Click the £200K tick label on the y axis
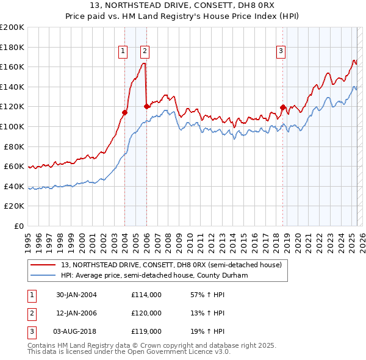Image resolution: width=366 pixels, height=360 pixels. click(x=12, y=27)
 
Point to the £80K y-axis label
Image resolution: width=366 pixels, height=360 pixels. click(x=14, y=146)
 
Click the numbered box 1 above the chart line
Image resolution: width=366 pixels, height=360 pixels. click(x=123, y=51)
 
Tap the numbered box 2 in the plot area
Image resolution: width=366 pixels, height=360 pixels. click(x=145, y=51)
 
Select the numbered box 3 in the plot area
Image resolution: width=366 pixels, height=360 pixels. click(x=281, y=51)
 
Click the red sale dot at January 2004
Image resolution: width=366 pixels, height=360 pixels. click(x=124, y=112)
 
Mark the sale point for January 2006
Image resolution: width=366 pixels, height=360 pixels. click(x=146, y=106)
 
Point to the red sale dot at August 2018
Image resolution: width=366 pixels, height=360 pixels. click(x=282, y=107)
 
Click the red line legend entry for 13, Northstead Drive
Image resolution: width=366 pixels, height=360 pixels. click(x=171, y=265)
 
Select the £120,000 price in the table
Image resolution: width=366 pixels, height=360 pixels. click(x=146, y=313)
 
